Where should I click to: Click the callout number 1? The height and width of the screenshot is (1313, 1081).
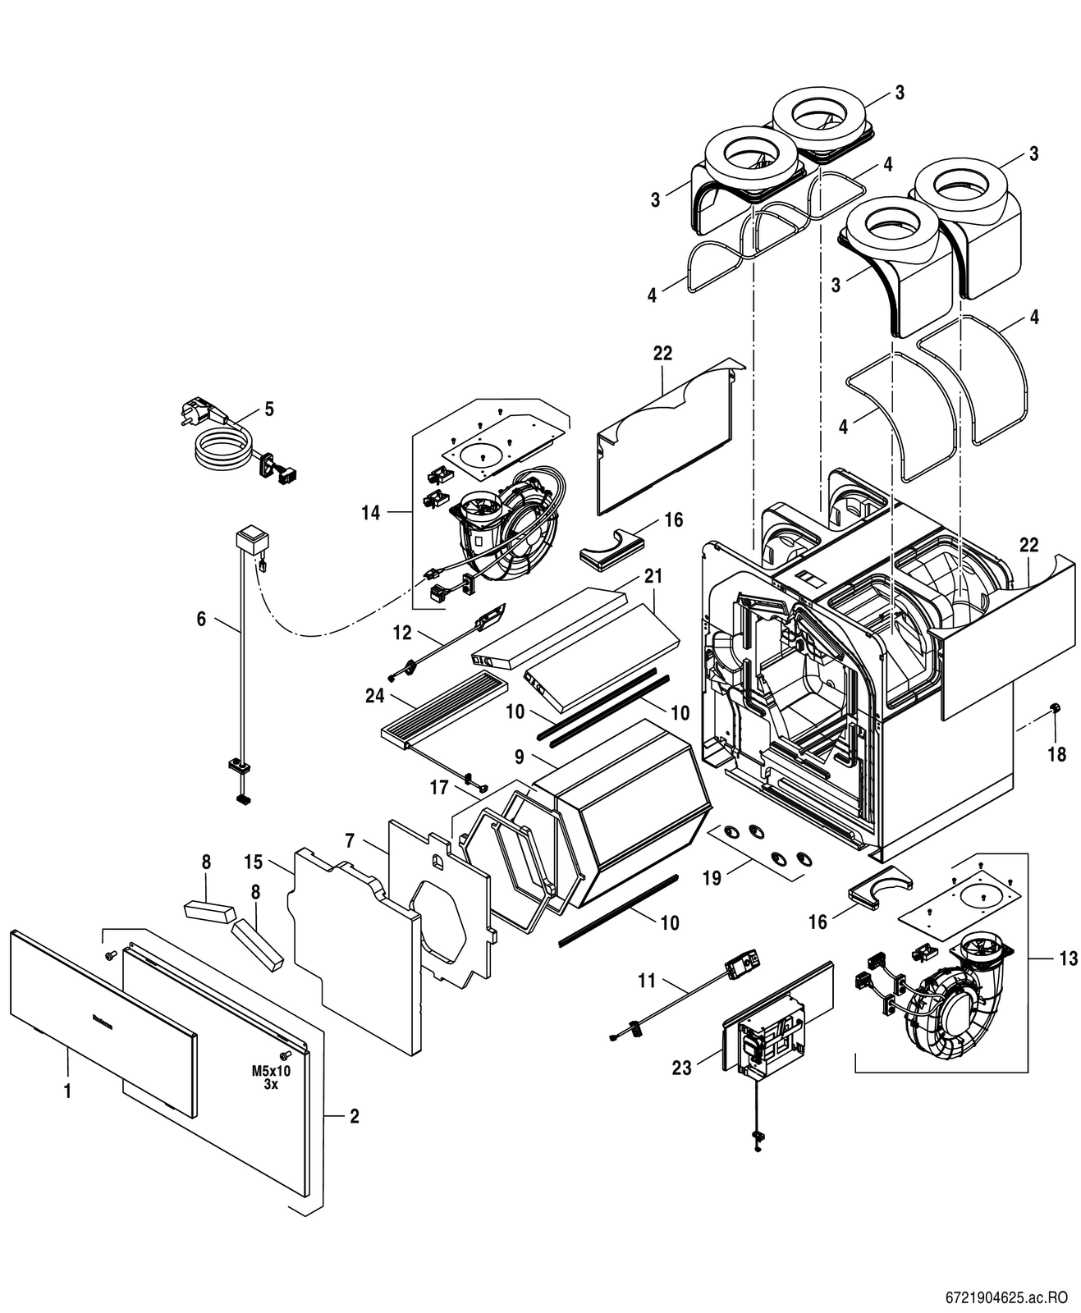(x=68, y=1091)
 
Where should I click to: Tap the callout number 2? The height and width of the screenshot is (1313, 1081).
(x=355, y=1116)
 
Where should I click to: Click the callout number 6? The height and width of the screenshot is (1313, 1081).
(x=201, y=619)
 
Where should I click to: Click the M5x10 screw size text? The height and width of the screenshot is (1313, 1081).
(x=271, y=1071)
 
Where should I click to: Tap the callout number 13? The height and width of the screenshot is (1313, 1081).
(x=1068, y=958)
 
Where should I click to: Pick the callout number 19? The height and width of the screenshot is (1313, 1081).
(x=712, y=878)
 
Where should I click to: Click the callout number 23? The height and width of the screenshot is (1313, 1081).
(x=682, y=1068)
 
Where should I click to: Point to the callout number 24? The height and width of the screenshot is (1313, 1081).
(x=375, y=695)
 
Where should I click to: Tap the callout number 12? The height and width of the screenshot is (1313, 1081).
(x=402, y=633)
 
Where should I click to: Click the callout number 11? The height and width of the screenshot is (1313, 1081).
(x=648, y=978)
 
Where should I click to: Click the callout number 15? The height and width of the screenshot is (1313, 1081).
(x=253, y=862)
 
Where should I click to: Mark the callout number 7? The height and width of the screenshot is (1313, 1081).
(x=350, y=840)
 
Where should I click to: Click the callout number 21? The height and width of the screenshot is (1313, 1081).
(x=653, y=576)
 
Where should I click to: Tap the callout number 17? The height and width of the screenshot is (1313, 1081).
(x=440, y=788)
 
